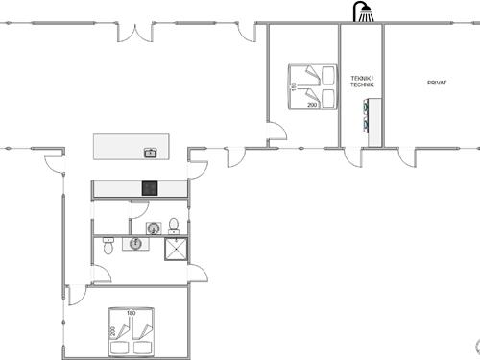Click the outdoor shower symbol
(363, 12)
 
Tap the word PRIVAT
(437, 83)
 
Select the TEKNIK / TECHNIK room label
(362, 83)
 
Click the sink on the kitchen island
(150, 152)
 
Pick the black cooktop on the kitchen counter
(150, 188)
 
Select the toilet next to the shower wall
(174, 227)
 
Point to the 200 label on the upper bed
(312, 105)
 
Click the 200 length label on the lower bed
(112, 331)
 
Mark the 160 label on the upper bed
(294, 87)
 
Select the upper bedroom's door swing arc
(276, 134)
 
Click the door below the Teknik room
(354, 156)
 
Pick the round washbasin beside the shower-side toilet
(155, 228)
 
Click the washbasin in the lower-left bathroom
(133, 243)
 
